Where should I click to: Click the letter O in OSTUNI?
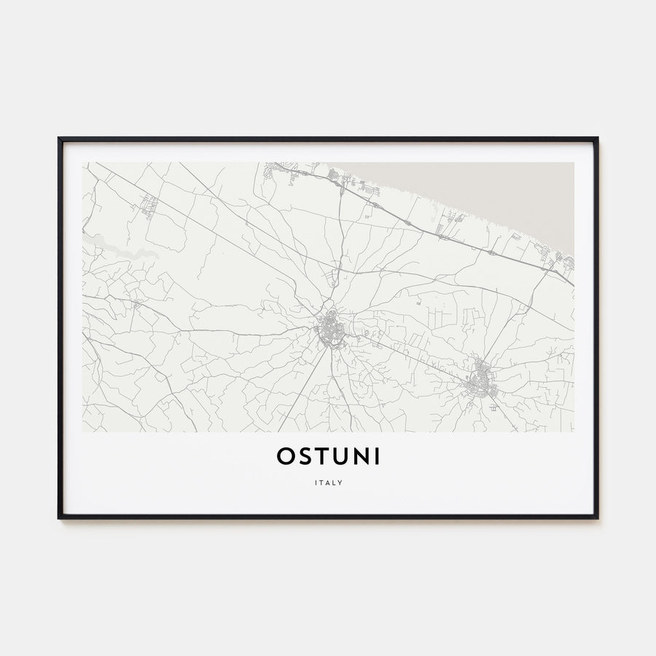point(286,456)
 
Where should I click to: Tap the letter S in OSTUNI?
point(305,456)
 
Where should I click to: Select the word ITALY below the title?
point(328,482)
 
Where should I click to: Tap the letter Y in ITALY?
point(340,482)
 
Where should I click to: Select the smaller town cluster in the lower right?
point(480,380)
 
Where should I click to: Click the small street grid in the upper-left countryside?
point(150,205)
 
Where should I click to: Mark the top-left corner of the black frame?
point(60,138)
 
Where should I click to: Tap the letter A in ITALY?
point(327,482)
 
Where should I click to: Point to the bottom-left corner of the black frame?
point(60,518)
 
